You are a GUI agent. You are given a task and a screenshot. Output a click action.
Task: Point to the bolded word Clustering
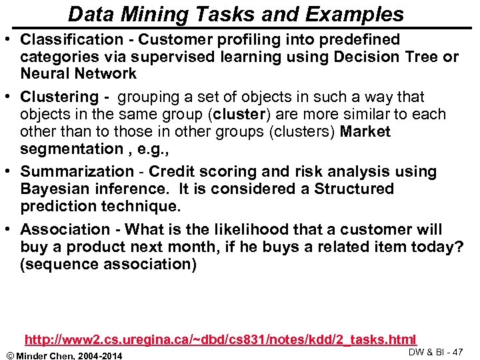click(59, 97)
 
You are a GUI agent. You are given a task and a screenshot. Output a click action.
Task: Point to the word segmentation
click(63, 149)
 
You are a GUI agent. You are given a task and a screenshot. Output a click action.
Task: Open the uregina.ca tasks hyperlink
click(220, 339)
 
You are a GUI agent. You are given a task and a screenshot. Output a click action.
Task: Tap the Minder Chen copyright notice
click(64, 354)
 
